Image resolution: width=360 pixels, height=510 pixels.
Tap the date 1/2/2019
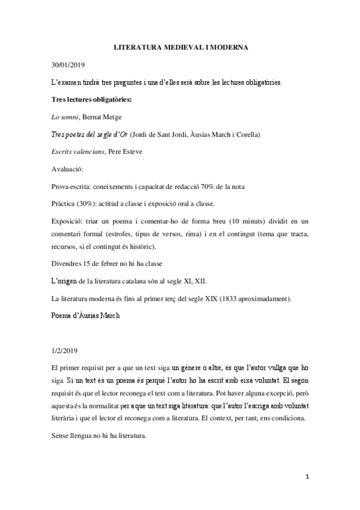66,349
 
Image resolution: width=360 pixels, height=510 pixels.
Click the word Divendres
70,262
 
